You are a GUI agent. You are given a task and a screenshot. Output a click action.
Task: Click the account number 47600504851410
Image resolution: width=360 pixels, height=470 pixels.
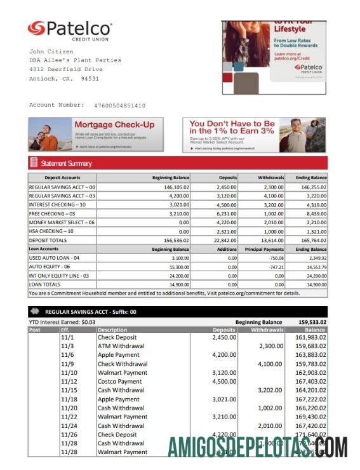coord(119,105)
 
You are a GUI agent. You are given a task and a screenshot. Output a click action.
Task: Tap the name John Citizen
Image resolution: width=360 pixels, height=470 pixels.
coord(51,51)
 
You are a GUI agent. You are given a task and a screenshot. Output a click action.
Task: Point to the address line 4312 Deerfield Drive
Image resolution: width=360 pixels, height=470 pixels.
coord(66,69)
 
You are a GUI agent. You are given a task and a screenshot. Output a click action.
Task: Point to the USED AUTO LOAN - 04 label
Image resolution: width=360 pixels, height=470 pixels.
coord(55,258)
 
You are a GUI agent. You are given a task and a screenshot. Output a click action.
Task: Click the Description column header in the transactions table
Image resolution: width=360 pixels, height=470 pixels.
coord(112,330)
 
